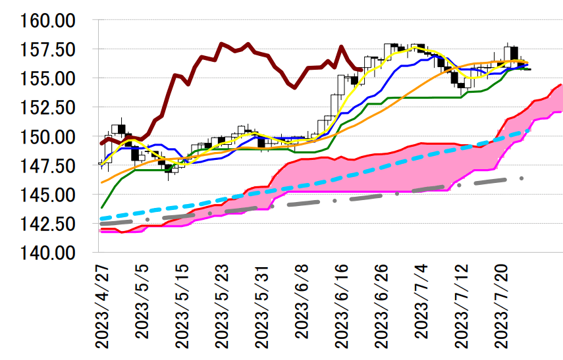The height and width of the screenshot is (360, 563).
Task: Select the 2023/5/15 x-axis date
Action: [x=181, y=306]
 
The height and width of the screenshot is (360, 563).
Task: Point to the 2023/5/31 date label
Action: [x=261, y=306]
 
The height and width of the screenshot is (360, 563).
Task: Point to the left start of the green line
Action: [x=101, y=207]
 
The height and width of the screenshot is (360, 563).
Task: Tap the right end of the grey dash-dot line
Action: [x=522, y=178]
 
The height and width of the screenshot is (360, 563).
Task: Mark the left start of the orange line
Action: [x=101, y=182]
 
